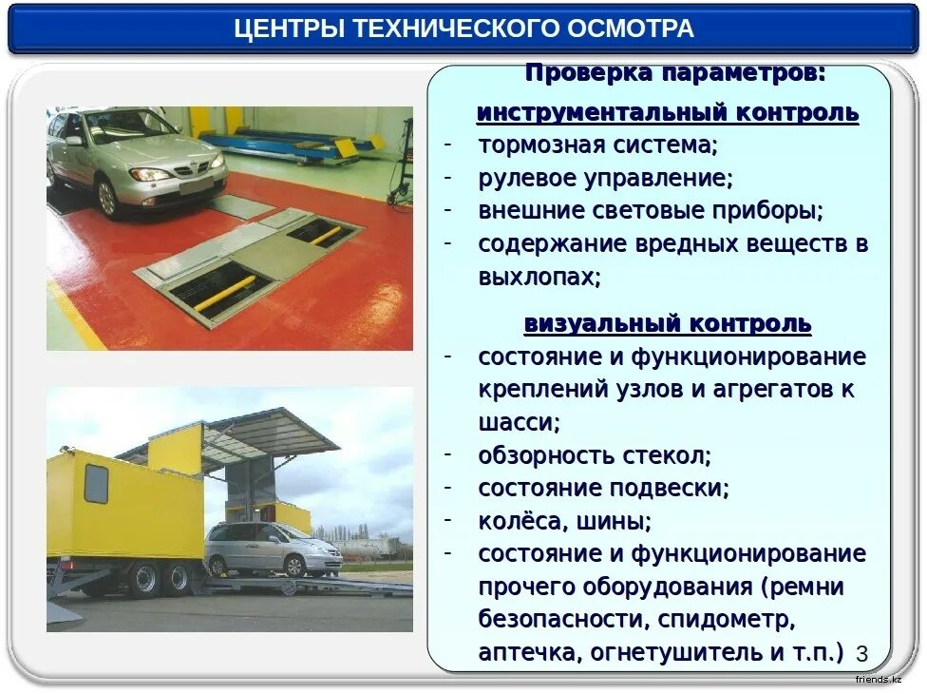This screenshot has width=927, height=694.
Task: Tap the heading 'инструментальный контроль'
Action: [668, 113]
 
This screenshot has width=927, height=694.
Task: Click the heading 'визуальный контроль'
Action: [668, 324]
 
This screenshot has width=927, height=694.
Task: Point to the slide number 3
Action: [861, 653]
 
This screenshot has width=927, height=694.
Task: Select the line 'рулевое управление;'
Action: [605, 178]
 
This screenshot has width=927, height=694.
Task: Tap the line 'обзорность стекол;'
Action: [595, 455]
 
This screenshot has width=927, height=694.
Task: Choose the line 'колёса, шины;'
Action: [564, 521]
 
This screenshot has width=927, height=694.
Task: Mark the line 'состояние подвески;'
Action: [603, 489]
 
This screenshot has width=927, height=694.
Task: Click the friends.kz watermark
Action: [879, 680]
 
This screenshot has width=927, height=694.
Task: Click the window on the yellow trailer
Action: [96, 484]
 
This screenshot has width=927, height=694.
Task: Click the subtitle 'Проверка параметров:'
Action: [675, 73]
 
